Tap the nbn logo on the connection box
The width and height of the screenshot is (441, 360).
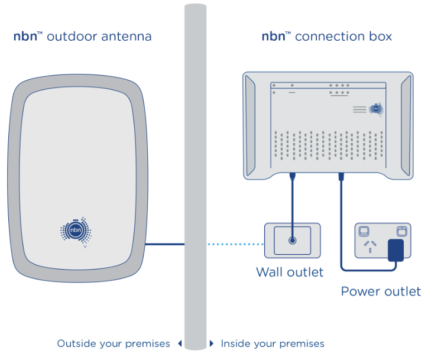pos(376,109)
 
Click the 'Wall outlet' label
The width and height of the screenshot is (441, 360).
pos(290,273)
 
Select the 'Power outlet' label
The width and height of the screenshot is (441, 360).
pos(381,291)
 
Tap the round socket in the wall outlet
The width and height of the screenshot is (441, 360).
pos(292,241)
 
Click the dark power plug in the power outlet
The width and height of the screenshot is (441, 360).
pos(395,250)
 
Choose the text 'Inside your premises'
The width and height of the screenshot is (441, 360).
pos(273,343)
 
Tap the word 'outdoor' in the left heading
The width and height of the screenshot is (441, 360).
pos(67,37)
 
